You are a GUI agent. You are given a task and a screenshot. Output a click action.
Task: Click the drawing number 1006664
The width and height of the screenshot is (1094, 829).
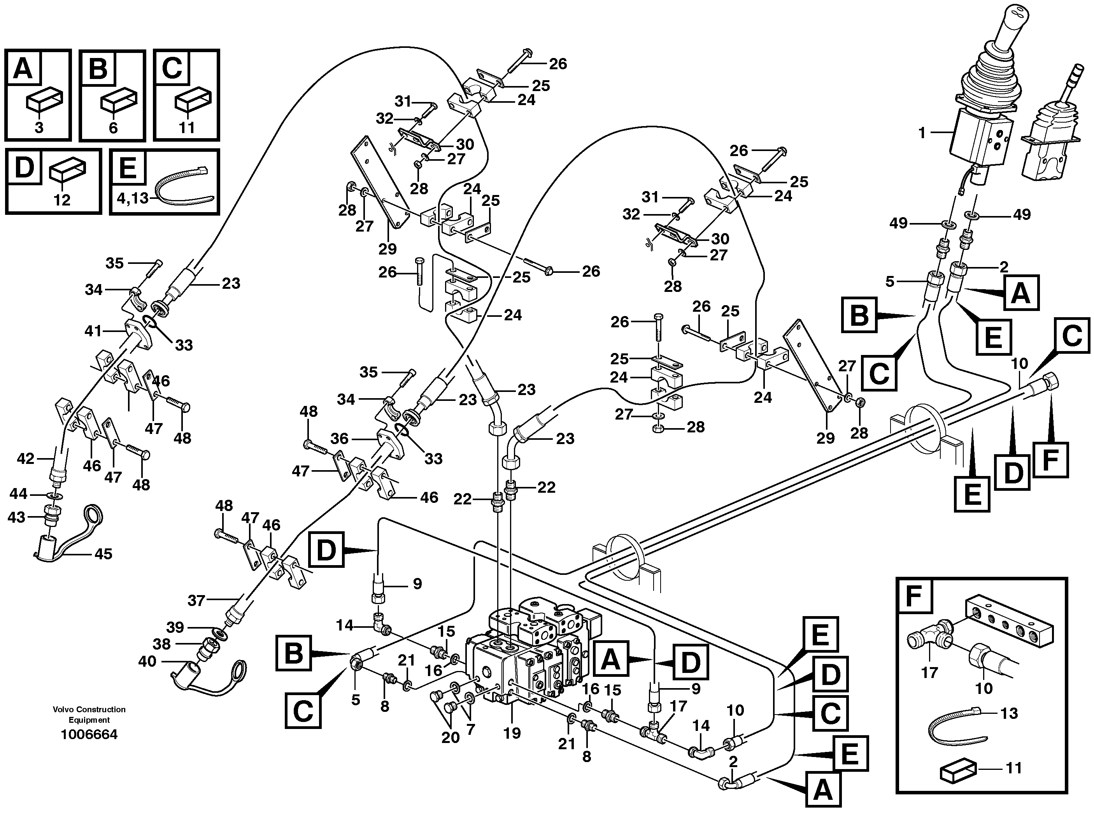coord(89,734)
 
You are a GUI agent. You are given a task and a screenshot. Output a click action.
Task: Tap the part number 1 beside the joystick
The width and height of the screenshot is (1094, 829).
coord(921,133)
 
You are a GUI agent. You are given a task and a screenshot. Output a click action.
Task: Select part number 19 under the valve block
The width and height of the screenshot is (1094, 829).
coord(512,733)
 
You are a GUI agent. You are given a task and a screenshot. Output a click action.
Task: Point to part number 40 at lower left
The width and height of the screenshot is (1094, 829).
coord(147,661)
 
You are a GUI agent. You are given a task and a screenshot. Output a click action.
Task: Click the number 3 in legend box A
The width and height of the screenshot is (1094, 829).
coord(39,128)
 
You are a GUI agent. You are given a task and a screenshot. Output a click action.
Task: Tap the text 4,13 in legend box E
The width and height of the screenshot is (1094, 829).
coord(133,198)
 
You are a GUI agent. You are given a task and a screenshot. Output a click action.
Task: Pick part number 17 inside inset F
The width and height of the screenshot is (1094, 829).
coord(929,673)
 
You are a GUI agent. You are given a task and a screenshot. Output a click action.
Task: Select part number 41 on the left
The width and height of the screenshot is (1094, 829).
coord(93,330)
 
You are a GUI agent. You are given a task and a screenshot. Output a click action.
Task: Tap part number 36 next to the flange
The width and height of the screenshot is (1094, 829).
coord(339,439)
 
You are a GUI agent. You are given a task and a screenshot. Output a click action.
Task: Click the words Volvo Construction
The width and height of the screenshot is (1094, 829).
coord(89,709)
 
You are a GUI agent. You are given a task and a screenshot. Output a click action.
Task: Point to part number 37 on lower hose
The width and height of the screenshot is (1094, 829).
coord(196,601)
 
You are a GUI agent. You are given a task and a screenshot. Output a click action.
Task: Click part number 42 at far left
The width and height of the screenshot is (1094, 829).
coord(26,459)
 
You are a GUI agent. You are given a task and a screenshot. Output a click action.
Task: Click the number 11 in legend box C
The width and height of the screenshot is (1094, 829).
coord(186,128)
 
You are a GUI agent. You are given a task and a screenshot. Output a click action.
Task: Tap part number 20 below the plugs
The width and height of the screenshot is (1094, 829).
coord(450,738)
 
